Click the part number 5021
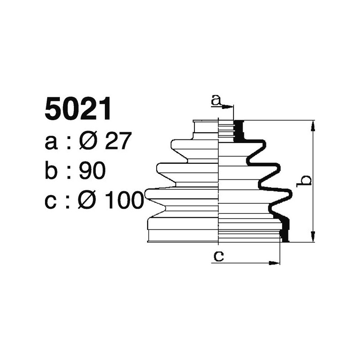pyautogui.click(x=78, y=109)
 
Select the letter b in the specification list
pyautogui.click(x=52, y=171)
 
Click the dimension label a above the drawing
pyautogui.click(x=216, y=101)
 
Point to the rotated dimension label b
pyautogui.click(x=306, y=181)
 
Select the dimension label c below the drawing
pyautogui.click(x=218, y=256)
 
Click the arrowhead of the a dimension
pyautogui.click(x=231, y=107)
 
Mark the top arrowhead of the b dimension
pyautogui.click(x=313, y=125)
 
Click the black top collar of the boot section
pyautogui.click(x=239, y=131)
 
